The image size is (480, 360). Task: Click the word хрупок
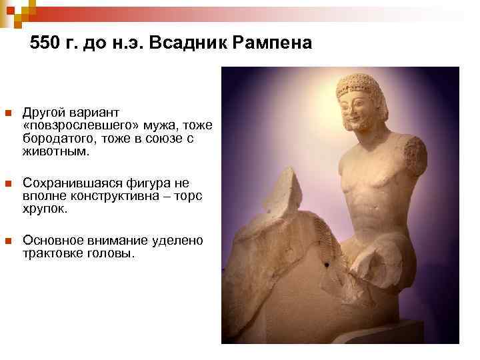point(44,209)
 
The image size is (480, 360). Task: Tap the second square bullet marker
point(8,183)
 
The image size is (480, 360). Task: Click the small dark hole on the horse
point(327,265)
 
